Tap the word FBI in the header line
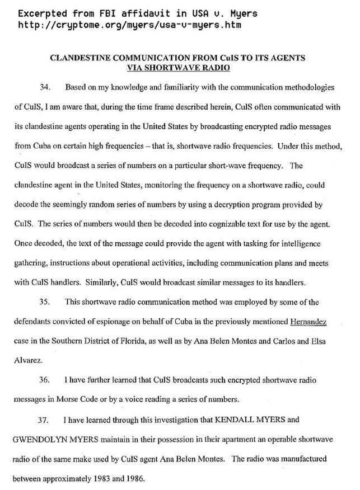click(107, 13)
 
